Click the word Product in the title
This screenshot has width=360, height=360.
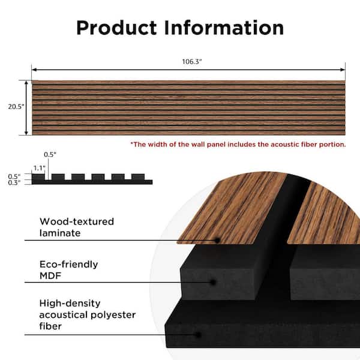coord(116,28)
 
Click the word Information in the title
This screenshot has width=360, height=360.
coord(224,28)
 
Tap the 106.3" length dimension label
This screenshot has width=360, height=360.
coord(192,62)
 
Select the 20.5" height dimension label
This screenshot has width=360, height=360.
coord(16,107)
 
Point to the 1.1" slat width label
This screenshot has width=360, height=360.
coord(39,168)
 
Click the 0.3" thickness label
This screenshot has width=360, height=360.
coord(14,183)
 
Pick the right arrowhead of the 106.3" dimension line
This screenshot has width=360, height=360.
coord(343,70)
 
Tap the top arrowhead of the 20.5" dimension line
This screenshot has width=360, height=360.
coord(26,83)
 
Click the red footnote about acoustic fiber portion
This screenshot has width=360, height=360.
coord(238,145)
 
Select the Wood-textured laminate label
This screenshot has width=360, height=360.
coord(77,227)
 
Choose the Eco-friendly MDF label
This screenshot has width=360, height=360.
coord(68,270)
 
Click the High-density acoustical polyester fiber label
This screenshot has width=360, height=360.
coord(87,314)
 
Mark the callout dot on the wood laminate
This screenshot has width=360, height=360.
coord(217,241)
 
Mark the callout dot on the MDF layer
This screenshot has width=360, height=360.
coord(213,282)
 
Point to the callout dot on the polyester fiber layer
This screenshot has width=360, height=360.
coord(199,335)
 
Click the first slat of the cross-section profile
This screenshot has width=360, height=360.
coord(38,177)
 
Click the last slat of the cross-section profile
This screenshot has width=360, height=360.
coord(138,177)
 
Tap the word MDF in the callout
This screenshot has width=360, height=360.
coord(50,276)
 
